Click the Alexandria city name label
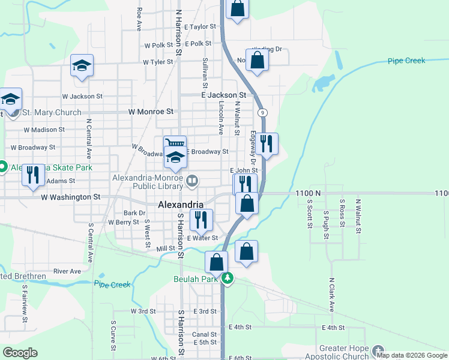click(181, 205)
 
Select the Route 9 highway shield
click(262, 113)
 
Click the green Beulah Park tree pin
click(228, 278)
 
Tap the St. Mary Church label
click(52, 112)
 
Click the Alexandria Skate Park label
click(52, 167)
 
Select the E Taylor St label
click(200, 27)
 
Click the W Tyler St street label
click(158, 62)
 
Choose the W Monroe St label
click(151, 112)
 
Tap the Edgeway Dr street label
click(253, 148)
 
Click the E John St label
click(245, 170)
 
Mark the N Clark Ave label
click(331, 294)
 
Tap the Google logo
click(20, 353)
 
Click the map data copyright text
click(411, 355)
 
